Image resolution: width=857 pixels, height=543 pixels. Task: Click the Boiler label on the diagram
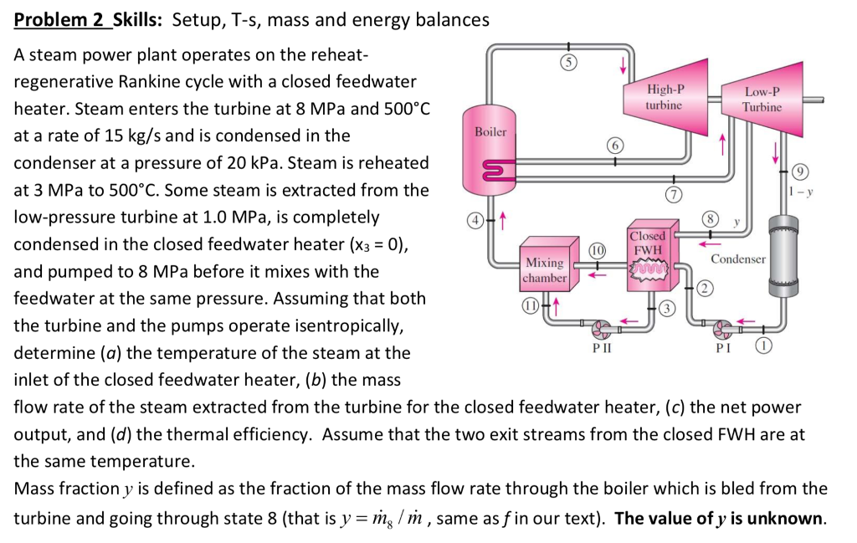pos(490,132)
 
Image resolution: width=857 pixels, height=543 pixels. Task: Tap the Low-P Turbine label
pos(762,100)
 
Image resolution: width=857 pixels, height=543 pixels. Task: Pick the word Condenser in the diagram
pos(738,259)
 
